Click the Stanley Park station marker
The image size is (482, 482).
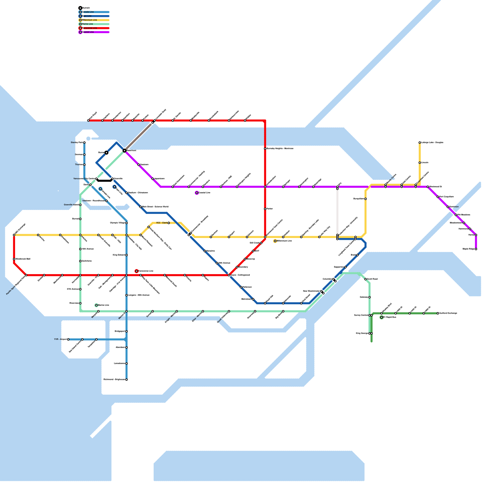pyautogui.click(x=84, y=142)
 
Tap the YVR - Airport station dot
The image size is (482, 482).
pyautogui.click(x=68, y=340)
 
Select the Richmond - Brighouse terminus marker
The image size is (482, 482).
pyautogui.click(x=127, y=380)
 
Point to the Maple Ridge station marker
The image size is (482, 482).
pyautogui.click(x=476, y=249)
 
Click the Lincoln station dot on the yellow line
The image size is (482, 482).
pyautogui.click(x=420, y=163)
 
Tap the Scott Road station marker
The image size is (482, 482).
pyautogui.click(x=365, y=279)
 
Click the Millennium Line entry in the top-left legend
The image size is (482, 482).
pyautogui.click(x=89, y=20)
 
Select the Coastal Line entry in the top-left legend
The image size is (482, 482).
pyautogui.click(x=88, y=32)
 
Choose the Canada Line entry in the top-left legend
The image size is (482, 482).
pyautogui.click(x=88, y=12)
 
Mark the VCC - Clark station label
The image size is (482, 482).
pyautogui.click(x=161, y=223)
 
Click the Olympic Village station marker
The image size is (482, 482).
pyautogui.click(x=127, y=223)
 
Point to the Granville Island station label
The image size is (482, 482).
pyautogui.click(x=71, y=205)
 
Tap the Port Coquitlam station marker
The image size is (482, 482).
pyautogui.click(x=438, y=197)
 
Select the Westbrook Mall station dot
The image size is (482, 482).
pyautogui.click(x=14, y=259)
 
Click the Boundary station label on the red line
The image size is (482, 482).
pyautogui.click(x=243, y=267)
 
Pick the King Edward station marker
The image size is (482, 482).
pyautogui.click(x=127, y=255)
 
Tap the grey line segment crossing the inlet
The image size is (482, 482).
pyautogui.click(x=139, y=136)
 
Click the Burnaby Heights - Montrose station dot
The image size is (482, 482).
pyautogui.click(x=265, y=149)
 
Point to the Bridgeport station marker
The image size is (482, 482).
pyautogui.click(x=127, y=331)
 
